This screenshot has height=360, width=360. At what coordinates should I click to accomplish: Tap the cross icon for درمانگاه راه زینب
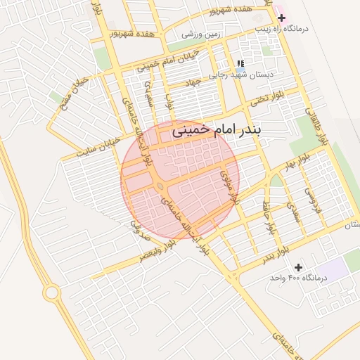click(x=281, y=18)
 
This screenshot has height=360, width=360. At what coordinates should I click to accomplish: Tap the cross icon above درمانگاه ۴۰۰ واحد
click(x=299, y=267)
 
